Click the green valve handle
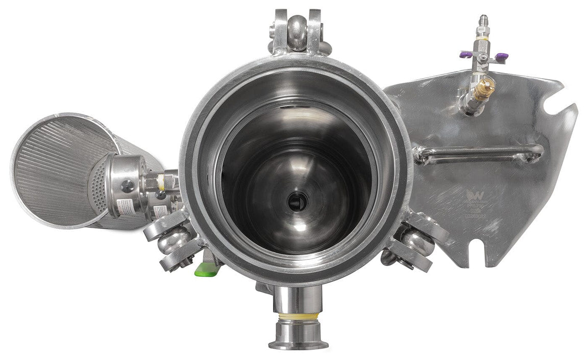tap(204, 269)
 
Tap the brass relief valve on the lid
tap(482, 90)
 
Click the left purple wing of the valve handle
tap(465, 55)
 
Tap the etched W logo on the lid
tap(473, 195)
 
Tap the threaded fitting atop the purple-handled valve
tap(482, 22)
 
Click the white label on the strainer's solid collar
tap(125, 206)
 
